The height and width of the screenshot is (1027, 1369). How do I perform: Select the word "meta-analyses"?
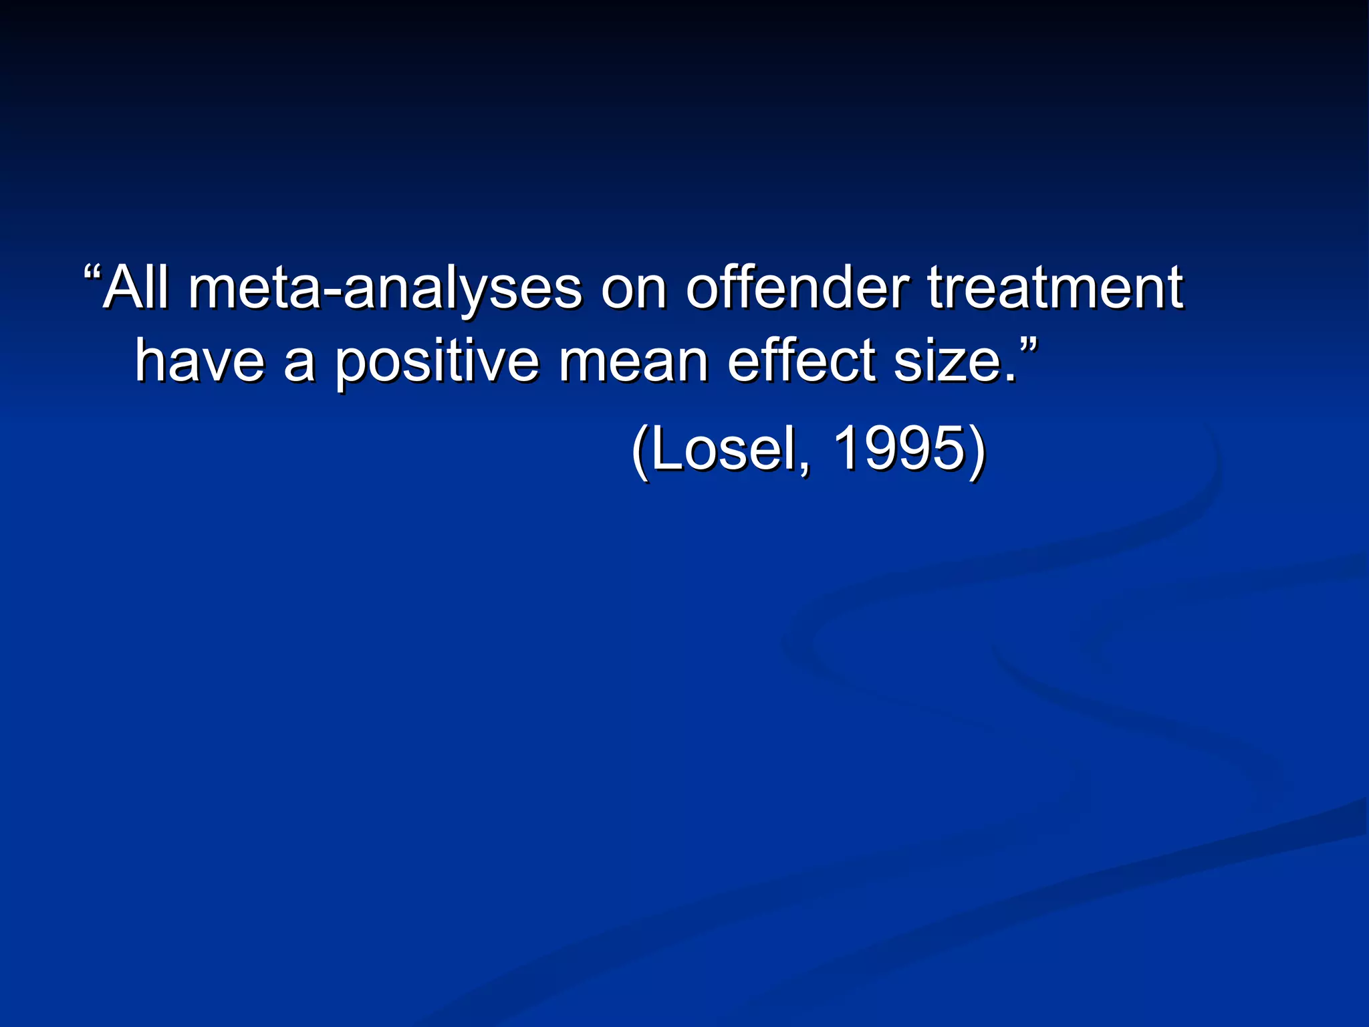click(x=385, y=289)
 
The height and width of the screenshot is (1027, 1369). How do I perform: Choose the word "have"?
click(x=200, y=361)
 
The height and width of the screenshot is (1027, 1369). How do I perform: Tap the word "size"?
click(x=946, y=361)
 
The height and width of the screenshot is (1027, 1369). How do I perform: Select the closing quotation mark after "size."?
click(x=1029, y=346)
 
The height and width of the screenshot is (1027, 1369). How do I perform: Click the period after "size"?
click(x=1010, y=378)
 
